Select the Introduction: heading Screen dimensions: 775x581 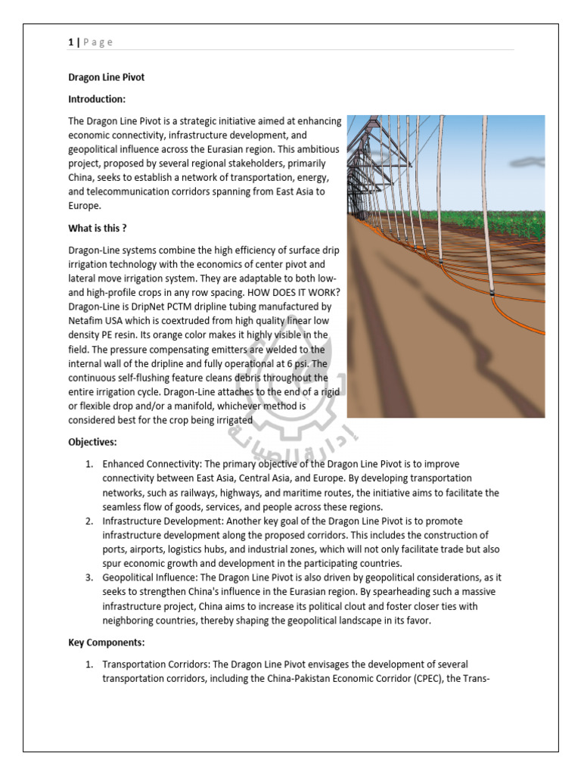point(97,99)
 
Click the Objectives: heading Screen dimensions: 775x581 point(92,442)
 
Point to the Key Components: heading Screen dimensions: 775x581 point(105,642)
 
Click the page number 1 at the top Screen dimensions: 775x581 point(70,42)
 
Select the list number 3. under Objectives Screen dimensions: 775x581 point(89,578)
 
